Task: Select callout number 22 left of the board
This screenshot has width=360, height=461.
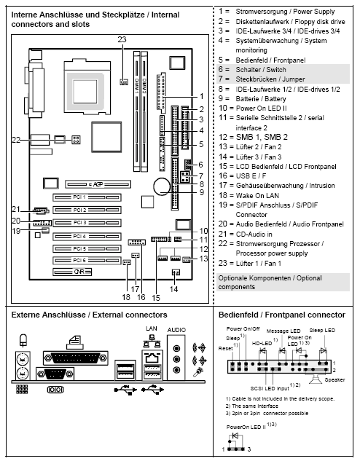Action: click(x=15, y=138)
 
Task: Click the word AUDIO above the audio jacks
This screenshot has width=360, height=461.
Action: click(x=176, y=330)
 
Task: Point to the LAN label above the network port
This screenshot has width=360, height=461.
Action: click(x=152, y=329)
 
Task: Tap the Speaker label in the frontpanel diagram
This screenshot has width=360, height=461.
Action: click(x=334, y=379)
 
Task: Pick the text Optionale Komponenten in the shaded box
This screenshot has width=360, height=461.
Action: click(x=248, y=278)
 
